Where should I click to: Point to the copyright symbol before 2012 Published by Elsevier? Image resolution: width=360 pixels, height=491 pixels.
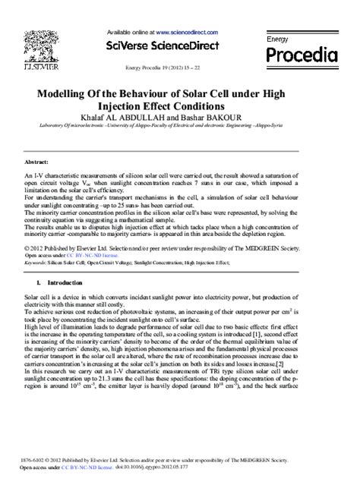coord(27,247)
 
